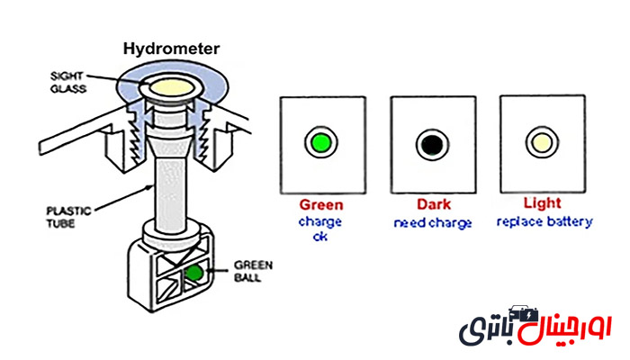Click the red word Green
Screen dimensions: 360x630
pyautogui.click(x=320, y=204)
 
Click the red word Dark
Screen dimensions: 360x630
pyautogui.click(x=433, y=204)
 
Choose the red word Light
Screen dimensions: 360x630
pyautogui.click(x=543, y=204)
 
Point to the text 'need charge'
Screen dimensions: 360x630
pyautogui.click(x=433, y=222)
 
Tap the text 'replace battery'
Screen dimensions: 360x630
pyautogui.click(x=544, y=221)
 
